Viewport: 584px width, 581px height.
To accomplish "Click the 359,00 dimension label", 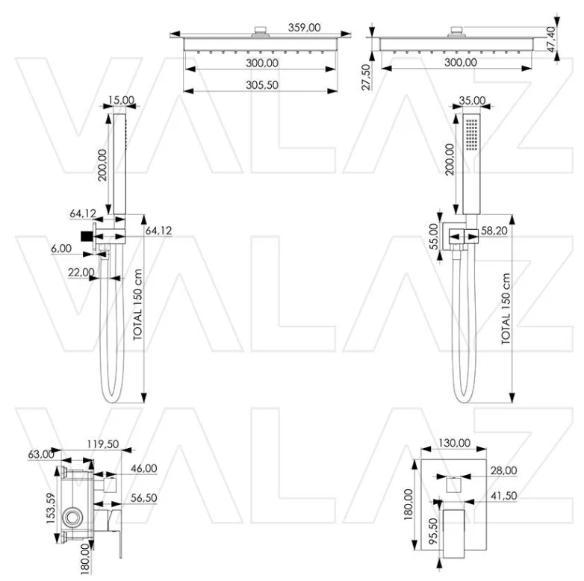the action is click(304, 28).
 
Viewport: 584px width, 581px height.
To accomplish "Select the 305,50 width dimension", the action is click(262, 85).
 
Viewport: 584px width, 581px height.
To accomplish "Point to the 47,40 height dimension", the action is click(552, 39).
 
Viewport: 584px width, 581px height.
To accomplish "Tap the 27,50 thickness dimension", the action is click(367, 77).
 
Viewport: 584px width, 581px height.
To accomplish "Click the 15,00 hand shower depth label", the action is click(121, 100).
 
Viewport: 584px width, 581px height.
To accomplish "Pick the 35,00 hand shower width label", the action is click(472, 101).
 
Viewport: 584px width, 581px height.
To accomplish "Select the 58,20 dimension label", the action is click(494, 231).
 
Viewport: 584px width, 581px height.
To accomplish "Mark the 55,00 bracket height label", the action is click(434, 237).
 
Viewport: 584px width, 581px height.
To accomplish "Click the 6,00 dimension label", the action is click(61, 249).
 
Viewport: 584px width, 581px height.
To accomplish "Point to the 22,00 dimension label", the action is click(81, 273).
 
